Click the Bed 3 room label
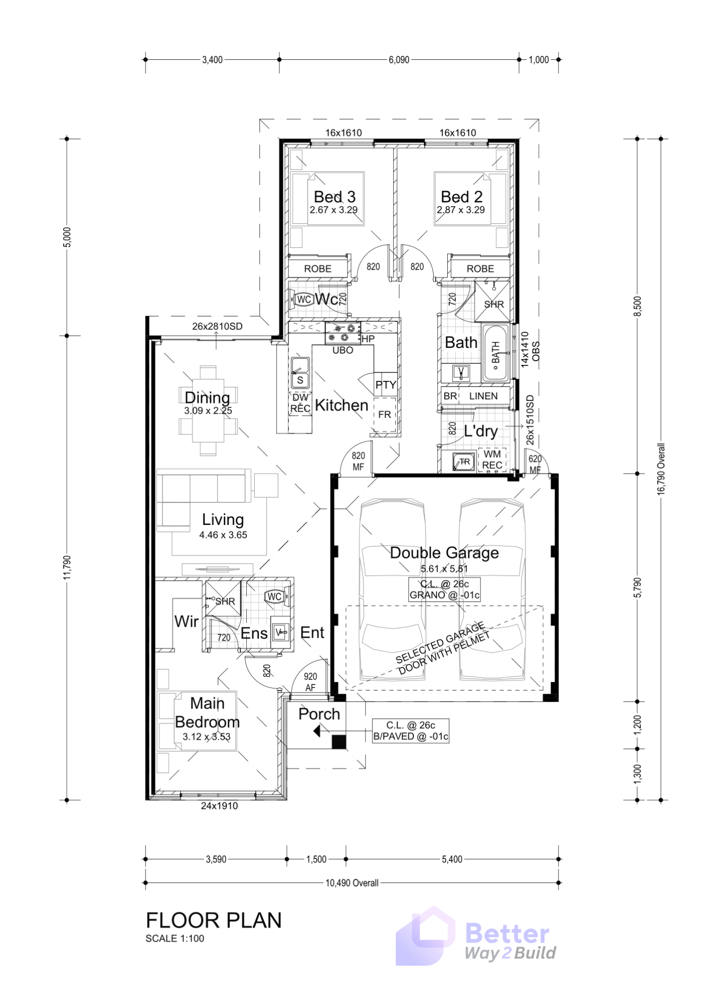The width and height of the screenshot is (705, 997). pos(335,197)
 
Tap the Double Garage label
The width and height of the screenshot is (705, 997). pos(444,552)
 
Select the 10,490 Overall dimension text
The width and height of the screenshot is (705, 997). pos(352,883)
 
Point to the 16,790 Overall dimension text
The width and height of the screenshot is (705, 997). pos(661,469)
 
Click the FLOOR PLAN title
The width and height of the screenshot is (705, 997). pos(214,920)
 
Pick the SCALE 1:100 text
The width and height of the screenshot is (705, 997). pos(175,938)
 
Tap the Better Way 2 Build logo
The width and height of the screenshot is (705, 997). pos(476,937)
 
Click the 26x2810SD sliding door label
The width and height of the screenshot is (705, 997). pos(217,327)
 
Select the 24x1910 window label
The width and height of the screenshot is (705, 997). pos(219,806)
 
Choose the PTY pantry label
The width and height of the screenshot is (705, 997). pos(385,385)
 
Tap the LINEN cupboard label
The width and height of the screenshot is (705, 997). pos(483,396)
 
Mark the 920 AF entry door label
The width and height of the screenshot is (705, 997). pos(310,682)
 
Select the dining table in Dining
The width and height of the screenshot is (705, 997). pos(208,410)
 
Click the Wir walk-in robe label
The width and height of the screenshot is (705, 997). pos(186,621)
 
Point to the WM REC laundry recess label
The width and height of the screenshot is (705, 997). pos(492,459)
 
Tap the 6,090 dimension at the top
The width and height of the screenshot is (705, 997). pos(399,60)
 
